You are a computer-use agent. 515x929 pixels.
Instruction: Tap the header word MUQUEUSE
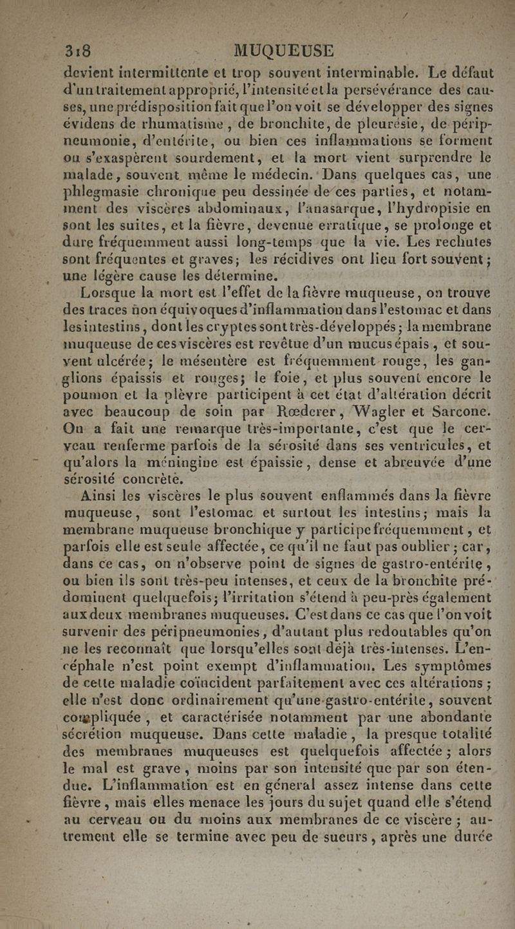[x=284, y=50]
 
